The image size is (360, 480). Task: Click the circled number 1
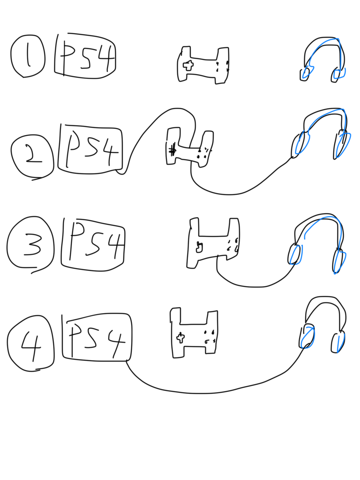[x=28, y=56]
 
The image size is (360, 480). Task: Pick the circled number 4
[x=30, y=343]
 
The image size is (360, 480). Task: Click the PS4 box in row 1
[x=85, y=56]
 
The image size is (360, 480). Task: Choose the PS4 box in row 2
[x=90, y=148]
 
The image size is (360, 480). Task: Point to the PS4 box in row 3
[x=93, y=245]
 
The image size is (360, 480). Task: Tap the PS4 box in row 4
[x=97, y=336]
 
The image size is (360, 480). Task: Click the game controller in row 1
[x=203, y=65]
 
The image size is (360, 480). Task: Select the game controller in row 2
[x=190, y=148]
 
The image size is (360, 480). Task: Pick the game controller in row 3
[x=213, y=243]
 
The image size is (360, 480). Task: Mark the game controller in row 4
[x=194, y=333]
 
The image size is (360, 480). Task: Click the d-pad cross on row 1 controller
[x=188, y=65]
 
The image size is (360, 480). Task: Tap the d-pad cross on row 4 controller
[x=180, y=337]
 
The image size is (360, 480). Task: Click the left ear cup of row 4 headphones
[x=307, y=336]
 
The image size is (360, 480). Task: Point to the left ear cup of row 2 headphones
[x=300, y=144]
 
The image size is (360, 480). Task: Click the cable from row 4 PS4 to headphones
[x=214, y=393]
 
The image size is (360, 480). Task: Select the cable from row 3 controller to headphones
[x=255, y=287]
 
